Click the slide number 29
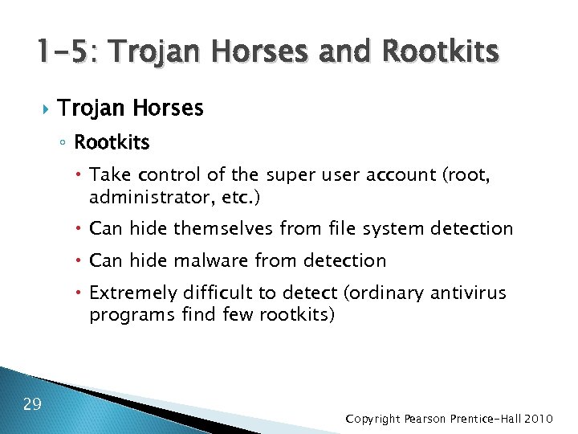[x=32, y=403]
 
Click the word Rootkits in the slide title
[x=442, y=53]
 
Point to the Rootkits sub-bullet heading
[x=112, y=143]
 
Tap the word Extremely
[x=134, y=293]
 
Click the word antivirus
[x=469, y=293]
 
